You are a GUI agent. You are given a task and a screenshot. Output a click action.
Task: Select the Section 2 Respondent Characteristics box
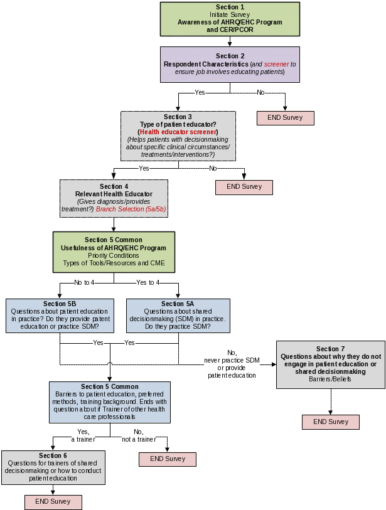229,64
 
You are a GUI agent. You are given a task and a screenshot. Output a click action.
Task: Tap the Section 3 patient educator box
178,135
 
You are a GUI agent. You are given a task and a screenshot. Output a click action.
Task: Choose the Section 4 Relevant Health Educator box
114,197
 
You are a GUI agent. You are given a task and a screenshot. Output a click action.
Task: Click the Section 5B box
60,316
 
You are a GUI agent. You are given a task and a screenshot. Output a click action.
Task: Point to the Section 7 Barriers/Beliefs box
330,364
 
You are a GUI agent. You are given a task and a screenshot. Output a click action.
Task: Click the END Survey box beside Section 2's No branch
285,117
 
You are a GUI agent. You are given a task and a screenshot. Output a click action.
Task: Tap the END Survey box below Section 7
330,422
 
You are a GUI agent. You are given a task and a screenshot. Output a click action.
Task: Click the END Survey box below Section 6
53,501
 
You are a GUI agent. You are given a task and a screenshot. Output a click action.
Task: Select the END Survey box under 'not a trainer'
167,459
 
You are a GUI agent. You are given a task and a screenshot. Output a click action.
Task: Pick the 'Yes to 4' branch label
148,282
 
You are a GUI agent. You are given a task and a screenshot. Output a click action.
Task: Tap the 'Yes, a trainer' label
84,436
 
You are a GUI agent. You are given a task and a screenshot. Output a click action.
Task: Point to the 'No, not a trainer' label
137,436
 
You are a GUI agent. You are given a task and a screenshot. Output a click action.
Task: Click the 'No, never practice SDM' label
232,363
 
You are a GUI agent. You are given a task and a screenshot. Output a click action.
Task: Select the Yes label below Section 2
200,93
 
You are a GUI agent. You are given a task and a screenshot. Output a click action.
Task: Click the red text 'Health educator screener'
178,132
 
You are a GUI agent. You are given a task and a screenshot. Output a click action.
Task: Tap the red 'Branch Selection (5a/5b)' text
131,209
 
